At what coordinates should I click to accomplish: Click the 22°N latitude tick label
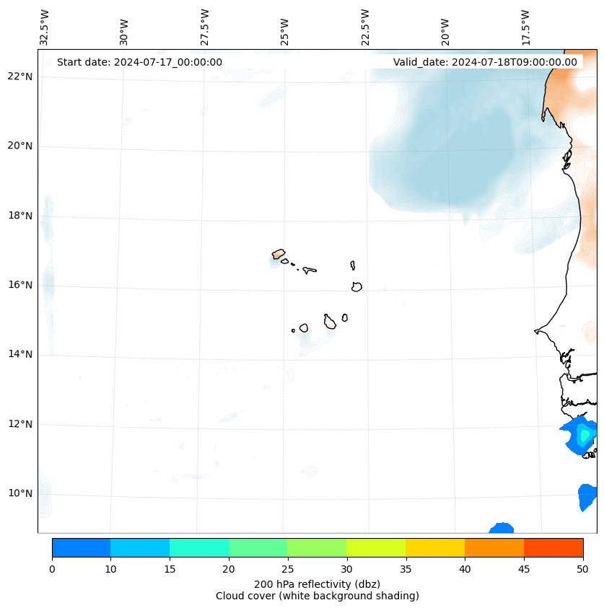point(20,76)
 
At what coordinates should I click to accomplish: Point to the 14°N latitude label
point(20,354)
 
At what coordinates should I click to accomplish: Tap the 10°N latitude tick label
point(20,493)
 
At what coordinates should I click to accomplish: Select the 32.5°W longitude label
point(45,27)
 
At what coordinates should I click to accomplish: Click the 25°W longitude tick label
point(285,31)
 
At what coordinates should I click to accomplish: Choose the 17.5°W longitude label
point(525,27)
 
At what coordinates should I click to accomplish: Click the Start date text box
point(139,62)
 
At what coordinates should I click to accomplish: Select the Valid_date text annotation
point(485,62)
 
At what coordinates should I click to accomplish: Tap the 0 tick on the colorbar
point(52,569)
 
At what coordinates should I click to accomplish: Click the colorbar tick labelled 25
point(287,569)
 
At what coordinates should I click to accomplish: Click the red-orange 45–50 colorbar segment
point(553,547)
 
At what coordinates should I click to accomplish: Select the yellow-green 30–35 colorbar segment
point(376,547)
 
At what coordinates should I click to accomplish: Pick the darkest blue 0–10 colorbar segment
point(81,547)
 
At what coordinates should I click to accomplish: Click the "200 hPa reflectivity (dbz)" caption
point(317,583)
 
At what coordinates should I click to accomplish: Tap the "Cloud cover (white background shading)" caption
point(317,596)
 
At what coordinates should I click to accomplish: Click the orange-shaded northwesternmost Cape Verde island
point(279,254)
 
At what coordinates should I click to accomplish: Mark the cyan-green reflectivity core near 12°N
point(585,435)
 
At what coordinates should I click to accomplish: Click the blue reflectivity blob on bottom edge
point(501,529)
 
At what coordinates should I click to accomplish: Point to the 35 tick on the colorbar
point(406,569)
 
